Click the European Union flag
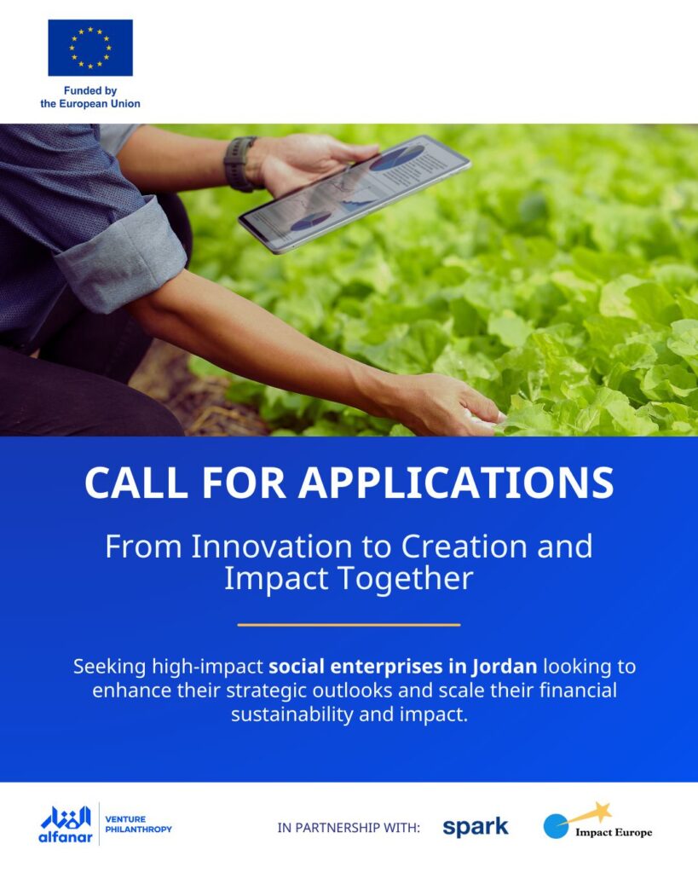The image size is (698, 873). tap(90, 48)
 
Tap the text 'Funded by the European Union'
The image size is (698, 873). tap(90, 97)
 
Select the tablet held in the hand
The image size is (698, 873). tap(355, 194)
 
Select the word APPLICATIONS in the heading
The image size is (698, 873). tap(457, 483)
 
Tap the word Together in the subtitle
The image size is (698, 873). tap(406, 579)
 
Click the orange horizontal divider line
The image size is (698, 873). tap(349, 625)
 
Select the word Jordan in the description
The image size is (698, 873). tap(505, 667)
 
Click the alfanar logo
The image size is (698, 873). tap(66, 824)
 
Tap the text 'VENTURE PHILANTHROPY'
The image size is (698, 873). tap(139, 824)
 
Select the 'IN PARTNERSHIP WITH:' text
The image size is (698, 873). tap(349, 828)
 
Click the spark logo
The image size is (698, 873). tap(476, 827)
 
